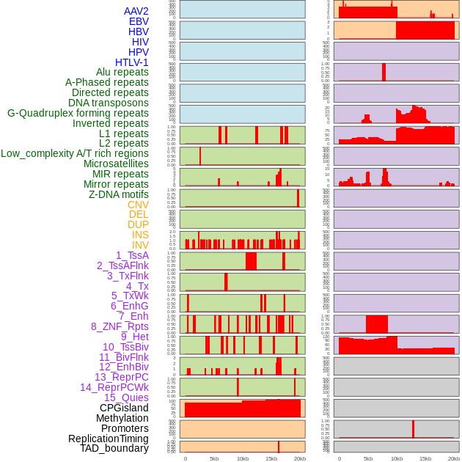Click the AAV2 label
coord(136,11)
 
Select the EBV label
coord(139,21)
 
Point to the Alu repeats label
coord(122,72)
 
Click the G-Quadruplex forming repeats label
coord(78,113)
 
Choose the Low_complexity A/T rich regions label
coord(75,153)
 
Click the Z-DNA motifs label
coord(119,194)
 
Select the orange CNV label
coord(138,205)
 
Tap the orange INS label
coord(140,235)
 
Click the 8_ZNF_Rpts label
coord(120,326)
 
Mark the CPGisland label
coord(124,408)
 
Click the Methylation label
coord(122,418)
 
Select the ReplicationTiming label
coord(108,439)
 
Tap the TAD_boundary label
coord(114,448)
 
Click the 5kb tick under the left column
coord(214,458)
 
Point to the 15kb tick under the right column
coord(425,458)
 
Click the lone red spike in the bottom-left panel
coord(279,446)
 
